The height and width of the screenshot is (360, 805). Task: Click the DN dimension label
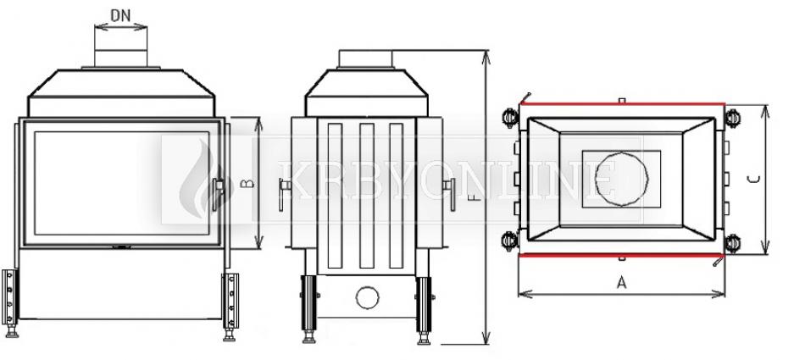120,16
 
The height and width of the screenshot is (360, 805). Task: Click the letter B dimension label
248,183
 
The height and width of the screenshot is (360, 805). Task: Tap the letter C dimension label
753,180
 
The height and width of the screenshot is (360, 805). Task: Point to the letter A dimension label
622,282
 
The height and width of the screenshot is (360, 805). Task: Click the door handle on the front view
218,194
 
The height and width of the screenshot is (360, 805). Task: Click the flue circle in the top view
621,179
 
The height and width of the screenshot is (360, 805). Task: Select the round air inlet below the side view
368,298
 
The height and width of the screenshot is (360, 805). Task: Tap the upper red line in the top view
622,103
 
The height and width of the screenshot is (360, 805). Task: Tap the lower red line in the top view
621,254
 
